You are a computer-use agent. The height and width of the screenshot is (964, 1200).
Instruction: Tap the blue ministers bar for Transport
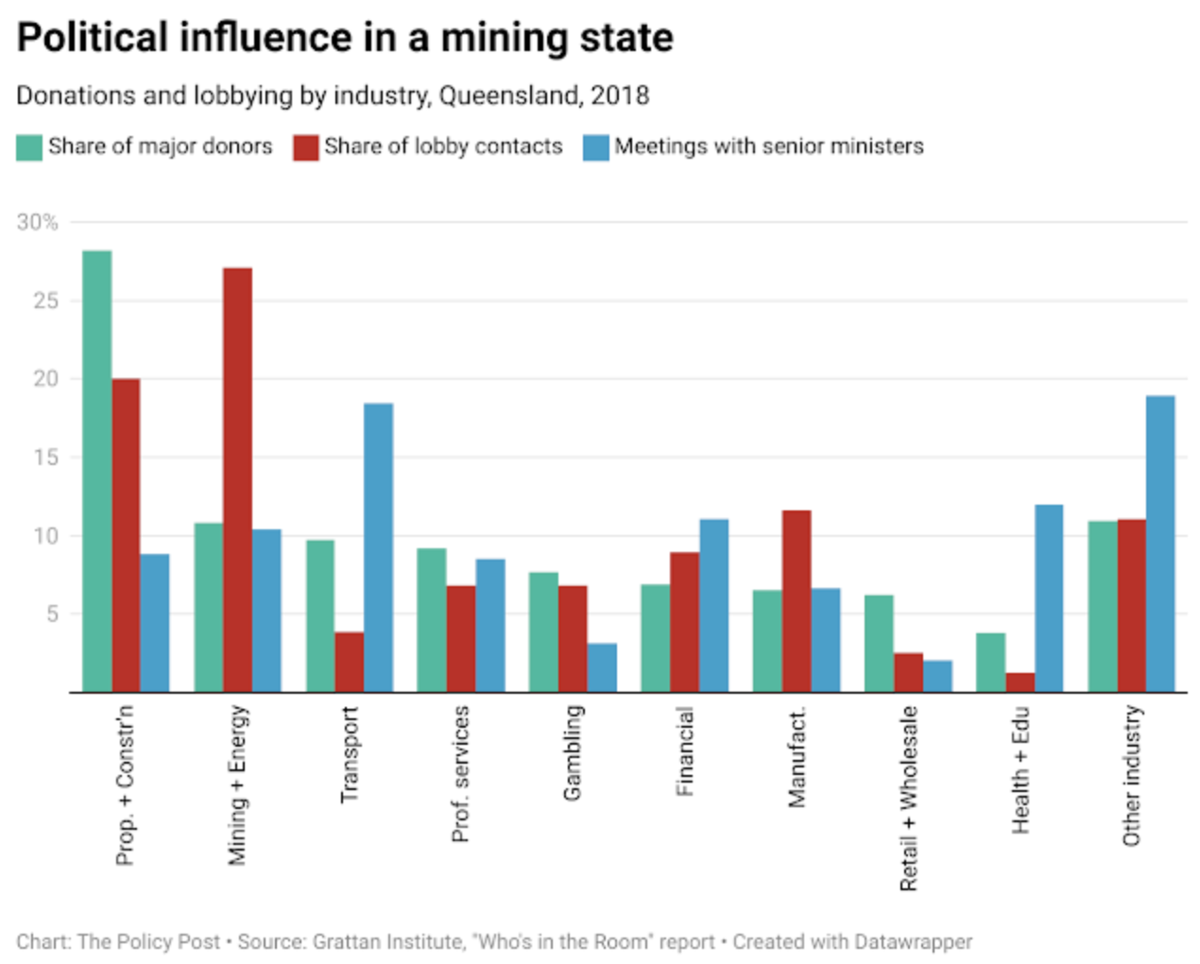pyautogui.click(x=378, y=547)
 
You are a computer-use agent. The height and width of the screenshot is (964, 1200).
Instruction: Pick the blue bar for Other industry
pyautogui.click(x=1160, y=543)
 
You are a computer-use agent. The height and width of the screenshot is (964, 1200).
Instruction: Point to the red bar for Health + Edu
pyautogui.click(x=1020, y=681)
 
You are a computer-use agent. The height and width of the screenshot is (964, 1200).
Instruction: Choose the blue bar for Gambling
pyautogui.click(x=602, y=667)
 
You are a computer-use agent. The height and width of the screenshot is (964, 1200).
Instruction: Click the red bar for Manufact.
pyautogui.click(x=797, y=601)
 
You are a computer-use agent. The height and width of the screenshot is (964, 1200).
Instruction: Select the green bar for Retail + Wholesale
pyautogui.click(x=879, y=643)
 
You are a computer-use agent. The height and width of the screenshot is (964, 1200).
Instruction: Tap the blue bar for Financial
pyautogui.click(x=714, y=605)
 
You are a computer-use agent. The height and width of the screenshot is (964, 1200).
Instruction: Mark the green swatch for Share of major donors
pyautogui.click(x=29, y=147)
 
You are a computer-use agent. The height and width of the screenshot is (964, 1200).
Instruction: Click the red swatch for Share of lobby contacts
pyautogui.click(x=305, y=147)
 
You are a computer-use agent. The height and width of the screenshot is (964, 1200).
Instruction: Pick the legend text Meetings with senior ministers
pyautogui.click(x=769, y=146)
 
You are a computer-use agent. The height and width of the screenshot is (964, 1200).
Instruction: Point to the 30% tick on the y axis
pyautogui.click(x=37, y=222)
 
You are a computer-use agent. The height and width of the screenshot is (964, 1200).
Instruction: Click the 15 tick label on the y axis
pyautogui.click(x=45, y=457)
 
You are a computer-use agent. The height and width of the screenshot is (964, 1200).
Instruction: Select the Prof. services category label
pyautogui.click(x=460, y=774)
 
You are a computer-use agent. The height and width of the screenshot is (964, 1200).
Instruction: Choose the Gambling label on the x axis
pyautogui.click(x=572, y=752)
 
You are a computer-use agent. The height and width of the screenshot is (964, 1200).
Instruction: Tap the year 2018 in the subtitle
pyautogui.click(x=620, y=95)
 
